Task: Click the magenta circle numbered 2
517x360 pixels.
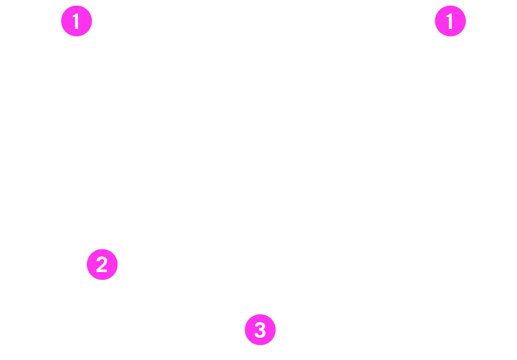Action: click(102, 264)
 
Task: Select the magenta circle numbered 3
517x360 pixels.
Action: click(260, 329)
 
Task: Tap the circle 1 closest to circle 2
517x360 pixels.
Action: click(77, 21)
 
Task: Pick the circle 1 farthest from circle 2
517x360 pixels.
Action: click(450, 21)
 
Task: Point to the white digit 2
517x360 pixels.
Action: click(102, 264)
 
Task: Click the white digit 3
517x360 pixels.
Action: click(260, 330)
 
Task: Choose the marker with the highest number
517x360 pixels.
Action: click(260, 329)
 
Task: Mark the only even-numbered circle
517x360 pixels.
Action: click(102, 264)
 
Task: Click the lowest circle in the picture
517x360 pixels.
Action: click(260, 329)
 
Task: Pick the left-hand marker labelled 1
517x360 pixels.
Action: click(77, 21)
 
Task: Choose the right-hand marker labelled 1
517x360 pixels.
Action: click(450, 21)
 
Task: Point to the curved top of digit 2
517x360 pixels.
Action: click(102, 258)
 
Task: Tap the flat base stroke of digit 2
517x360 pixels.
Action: click(102, 271)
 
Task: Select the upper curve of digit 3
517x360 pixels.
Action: click(261, 325)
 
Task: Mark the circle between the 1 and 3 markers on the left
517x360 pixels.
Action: click(102, 264)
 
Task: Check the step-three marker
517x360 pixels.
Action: click(260, 329)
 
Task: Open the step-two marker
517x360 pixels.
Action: click(102, 264)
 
